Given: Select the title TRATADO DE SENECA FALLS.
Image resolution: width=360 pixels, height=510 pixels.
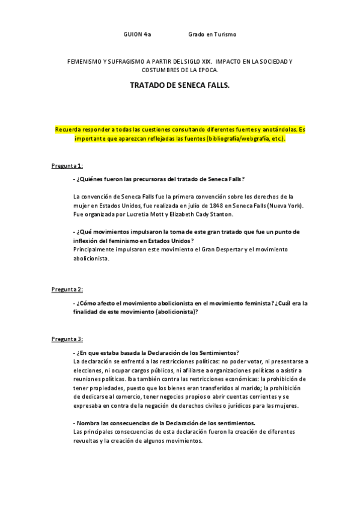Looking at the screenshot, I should (179, 86).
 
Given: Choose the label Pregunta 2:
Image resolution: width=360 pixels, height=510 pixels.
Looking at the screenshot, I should (67, 289).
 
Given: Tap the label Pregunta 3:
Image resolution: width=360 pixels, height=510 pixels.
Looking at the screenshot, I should (67, 339).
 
